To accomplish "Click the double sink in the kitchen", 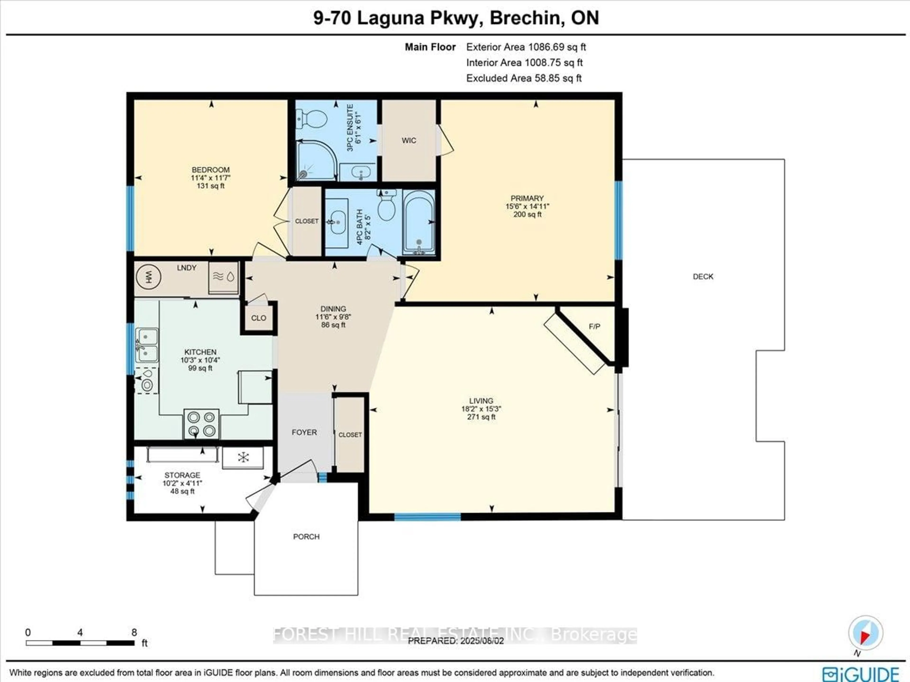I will pyautogui.click(x=146, y=345).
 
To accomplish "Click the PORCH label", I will pyautogui.click(x=306, y=537).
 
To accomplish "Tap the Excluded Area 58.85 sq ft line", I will pyautogui.click(x=524, y=78).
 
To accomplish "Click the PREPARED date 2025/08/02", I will pyautogui.click(x=455, y=641).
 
